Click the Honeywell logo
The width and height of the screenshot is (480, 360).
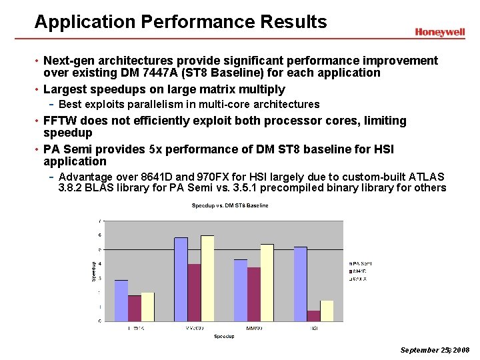(439, 32)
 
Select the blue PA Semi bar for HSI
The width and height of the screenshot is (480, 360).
(300, 284)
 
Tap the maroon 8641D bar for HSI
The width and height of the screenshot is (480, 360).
(313, 316)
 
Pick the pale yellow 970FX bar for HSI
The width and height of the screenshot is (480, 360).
(327, 311)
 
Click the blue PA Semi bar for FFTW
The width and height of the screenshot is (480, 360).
(121, 301)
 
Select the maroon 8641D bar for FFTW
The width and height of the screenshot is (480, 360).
(135, 308)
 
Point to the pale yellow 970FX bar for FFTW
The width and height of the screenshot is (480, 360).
(148, 307)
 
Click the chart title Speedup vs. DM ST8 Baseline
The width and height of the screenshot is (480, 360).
(230, 205)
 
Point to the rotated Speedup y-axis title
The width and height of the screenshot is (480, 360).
(94, 270)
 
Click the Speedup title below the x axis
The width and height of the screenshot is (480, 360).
(224, 337)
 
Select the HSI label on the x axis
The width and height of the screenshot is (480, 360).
(314, 328)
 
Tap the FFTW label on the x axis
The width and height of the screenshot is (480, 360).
(135, 328)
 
